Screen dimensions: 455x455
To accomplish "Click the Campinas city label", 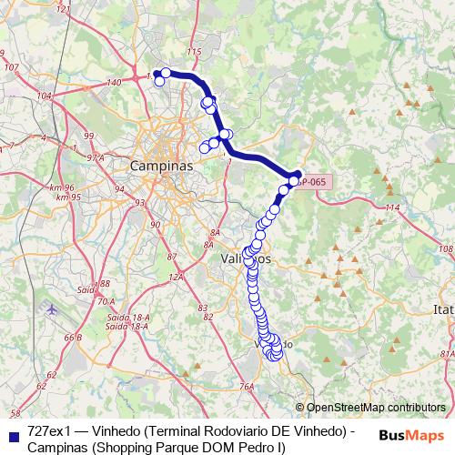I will coord(162,167).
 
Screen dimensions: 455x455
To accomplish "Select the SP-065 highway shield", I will coord(315,182).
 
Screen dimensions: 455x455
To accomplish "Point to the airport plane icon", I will coord(50,309).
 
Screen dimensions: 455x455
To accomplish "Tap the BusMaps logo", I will coord(409,434).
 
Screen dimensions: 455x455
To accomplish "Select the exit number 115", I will coord(193,53).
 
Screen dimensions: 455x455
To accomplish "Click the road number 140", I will coord(114,83).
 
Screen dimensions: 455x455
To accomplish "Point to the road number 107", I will coord(11,67).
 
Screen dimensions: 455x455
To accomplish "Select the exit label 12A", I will coord(176,275).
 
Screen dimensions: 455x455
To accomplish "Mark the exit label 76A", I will coord(245,387).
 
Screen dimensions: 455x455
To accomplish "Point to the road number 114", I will coord(392,208).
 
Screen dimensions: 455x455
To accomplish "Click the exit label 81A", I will coord(446,353).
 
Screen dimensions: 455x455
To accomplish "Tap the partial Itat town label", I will coord(443,310).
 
